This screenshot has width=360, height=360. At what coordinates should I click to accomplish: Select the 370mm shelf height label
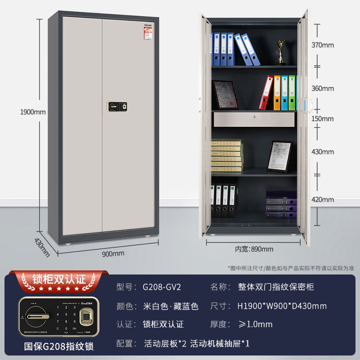322,45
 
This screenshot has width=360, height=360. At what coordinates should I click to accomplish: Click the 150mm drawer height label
322,119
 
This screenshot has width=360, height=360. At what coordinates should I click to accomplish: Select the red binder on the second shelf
267,93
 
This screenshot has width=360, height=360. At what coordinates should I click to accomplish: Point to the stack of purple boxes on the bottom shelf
281,205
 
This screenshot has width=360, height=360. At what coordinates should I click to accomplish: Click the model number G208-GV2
162,286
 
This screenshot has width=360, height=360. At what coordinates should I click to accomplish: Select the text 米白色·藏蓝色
171,306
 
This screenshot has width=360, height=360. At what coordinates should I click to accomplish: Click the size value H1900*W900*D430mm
282,306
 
